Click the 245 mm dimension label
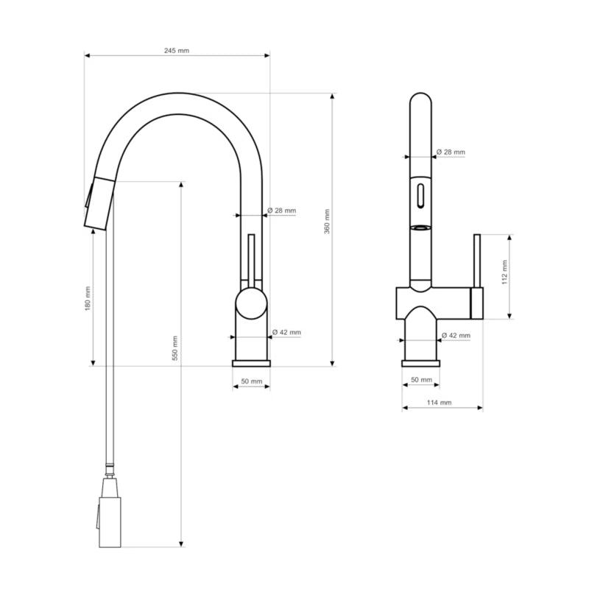coord(177,50)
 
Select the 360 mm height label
coord(327,222)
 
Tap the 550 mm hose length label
coord(174,348)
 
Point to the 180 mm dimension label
coord(88,299)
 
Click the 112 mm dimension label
coord(504,272)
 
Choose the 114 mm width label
coord(439,402)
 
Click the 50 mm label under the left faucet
coord(252,381)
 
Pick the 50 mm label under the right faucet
coord(421,380)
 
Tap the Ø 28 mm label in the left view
coord(282,211)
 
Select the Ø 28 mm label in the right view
coord(451,152)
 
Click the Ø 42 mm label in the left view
coord(286,332)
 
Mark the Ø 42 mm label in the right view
coord(456,335)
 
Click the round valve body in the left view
coord(251,303)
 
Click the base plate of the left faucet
coord(251,364)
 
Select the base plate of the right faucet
coord(420,364)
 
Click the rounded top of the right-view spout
coord(420,99)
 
